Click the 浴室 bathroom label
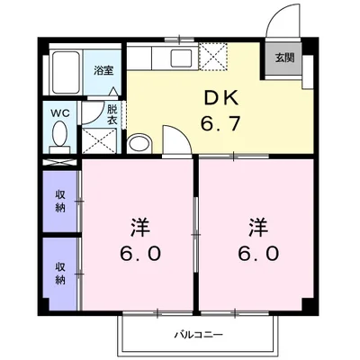click(x=103, y=69)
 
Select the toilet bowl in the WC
click(x=59, y=136)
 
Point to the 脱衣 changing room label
click(x=112, y=114)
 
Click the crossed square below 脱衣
click(x=98, y=140)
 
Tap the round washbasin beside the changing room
click(x=139, y=145)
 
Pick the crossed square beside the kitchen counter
click(x=213, y=56)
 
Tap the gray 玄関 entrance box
click(x=283, y=58)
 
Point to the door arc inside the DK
click(x=174, y=139)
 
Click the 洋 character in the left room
click(x=139, y=225)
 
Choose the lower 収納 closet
click(x=60, y=273)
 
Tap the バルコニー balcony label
click(x=197, y=336)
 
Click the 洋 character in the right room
click(x=257, y=225)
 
